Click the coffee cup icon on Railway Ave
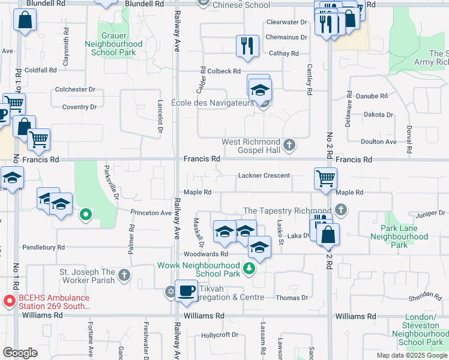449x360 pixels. click(186, 291)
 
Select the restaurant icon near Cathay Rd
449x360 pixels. click(247, 46)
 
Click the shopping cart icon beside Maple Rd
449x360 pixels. click(325, 178)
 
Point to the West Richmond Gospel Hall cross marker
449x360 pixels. click(289, 145)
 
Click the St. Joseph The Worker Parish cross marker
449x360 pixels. click(124, 275)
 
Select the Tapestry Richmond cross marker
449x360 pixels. click(341, 210)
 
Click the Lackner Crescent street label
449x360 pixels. click(264, 176)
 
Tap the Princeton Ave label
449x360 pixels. click(151, 212)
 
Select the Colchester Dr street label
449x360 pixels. click(75, 89)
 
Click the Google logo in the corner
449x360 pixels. click(20, 353)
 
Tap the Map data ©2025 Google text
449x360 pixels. click(411, 355)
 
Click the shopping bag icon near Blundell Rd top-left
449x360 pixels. click(25, 21)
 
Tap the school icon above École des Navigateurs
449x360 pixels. click(259, 89)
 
